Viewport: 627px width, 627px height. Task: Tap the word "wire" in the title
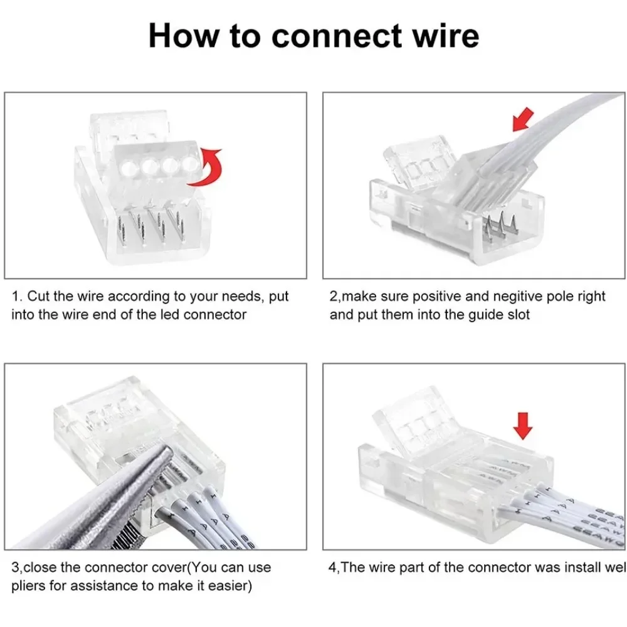tap(446, 36)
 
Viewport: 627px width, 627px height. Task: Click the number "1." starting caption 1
tap(17, 296)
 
